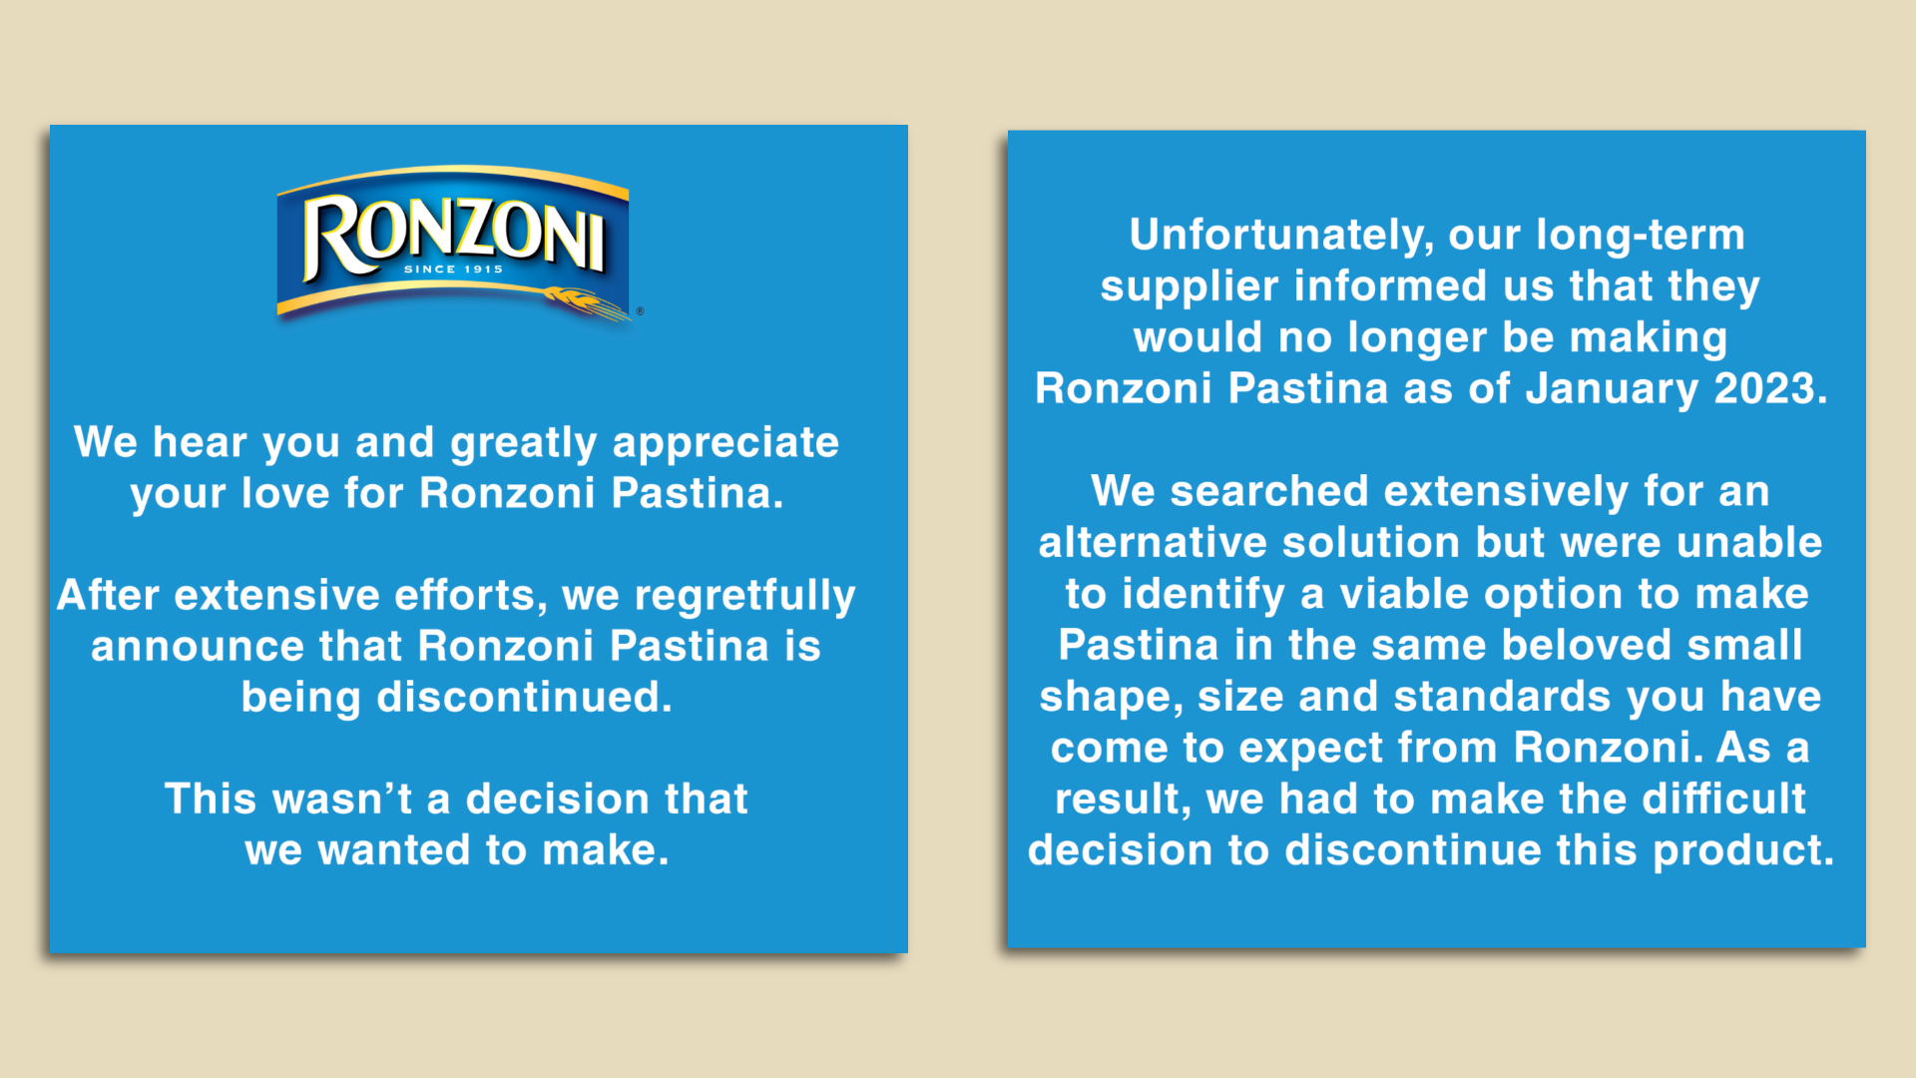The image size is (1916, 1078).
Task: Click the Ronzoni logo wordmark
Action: coord(454,236)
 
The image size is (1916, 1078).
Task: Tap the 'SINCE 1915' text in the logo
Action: coord(453,269)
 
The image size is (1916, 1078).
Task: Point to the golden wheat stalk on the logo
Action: coord(587,303)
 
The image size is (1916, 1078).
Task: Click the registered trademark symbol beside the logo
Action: coord(640,311)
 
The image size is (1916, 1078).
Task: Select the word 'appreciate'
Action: coord(725,444)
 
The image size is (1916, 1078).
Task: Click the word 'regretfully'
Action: coord(745,597)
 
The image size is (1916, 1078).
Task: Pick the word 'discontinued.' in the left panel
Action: coord(525,697)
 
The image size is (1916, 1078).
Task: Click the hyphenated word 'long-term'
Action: coord(1641,236)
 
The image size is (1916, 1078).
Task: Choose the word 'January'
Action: coord(1612,389)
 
